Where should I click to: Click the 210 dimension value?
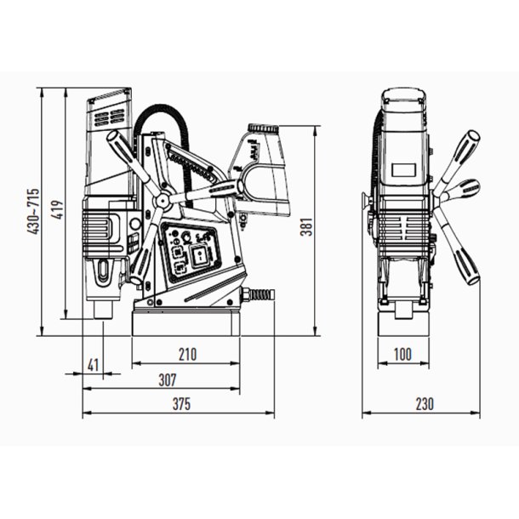point(188,355)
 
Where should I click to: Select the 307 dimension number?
point(168,380)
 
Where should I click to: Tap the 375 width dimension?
point(181,404)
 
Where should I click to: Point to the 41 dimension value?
point(94,365)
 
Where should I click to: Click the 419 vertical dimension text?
point(59,209)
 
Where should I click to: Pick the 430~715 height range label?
point(33,212)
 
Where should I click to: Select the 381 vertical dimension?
point(306,226)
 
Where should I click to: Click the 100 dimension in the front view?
point(402,355)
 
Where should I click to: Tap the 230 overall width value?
point(425,404)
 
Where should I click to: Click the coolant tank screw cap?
point(263,128)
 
